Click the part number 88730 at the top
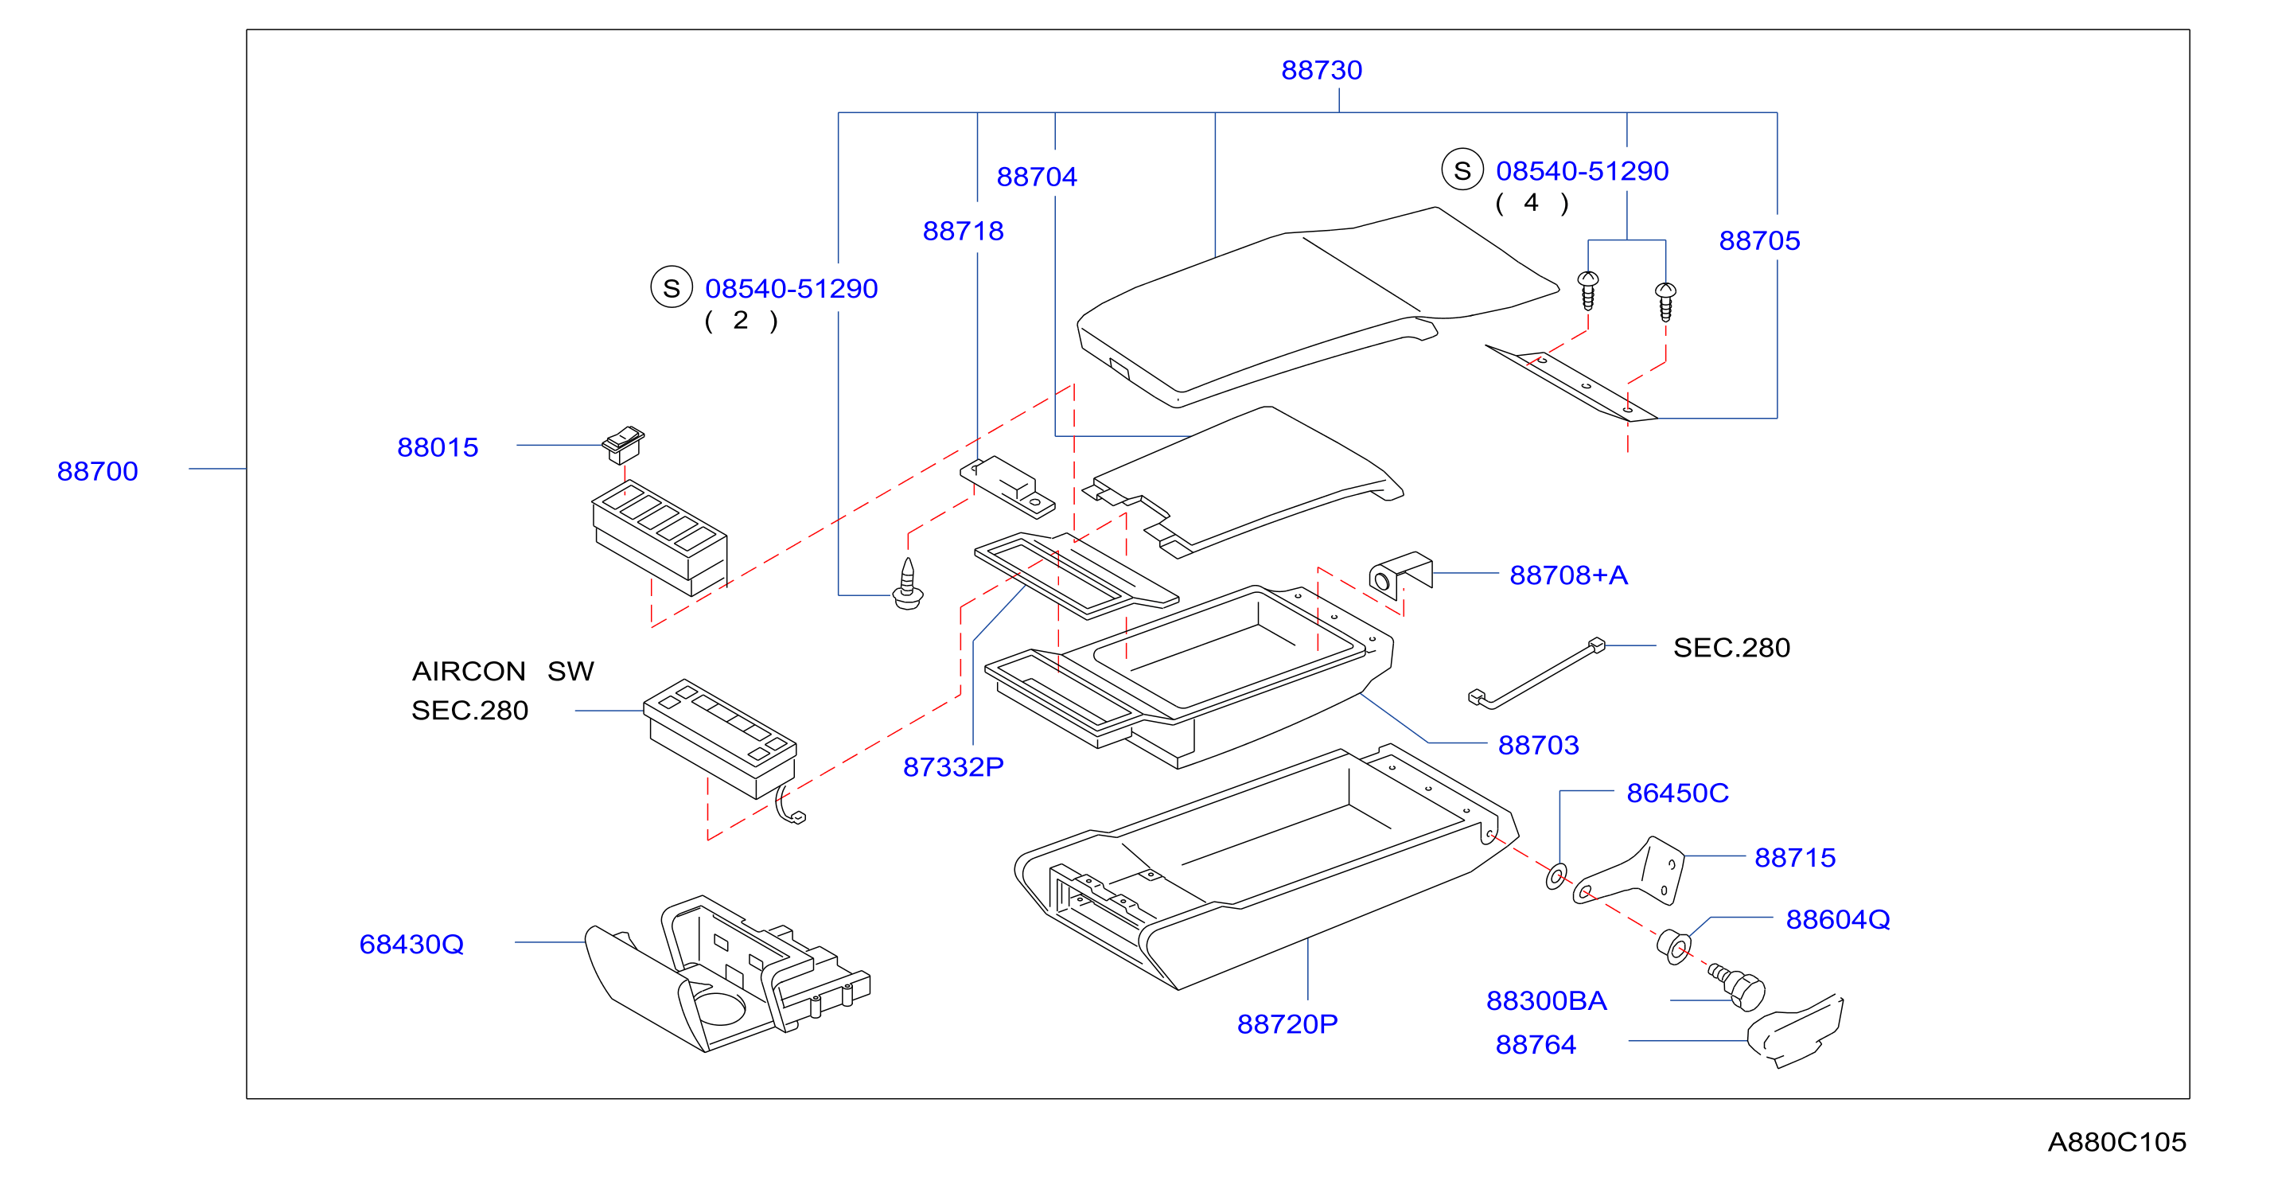[1321, 70]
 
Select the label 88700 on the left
[97, 470]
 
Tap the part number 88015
[437, 446]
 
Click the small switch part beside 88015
[623, 444]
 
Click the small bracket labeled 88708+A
[1400, 575]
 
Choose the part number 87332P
[952, 766]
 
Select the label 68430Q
[411, 944]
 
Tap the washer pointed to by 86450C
[1556, 876]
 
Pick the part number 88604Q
[1837, 919]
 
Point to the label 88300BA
[1546, 1000]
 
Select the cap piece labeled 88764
[1797, 1031]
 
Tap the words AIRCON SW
[502, 671]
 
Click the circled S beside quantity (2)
[671, 288]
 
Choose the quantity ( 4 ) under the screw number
[1532, 203]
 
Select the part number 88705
[1758, 240]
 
